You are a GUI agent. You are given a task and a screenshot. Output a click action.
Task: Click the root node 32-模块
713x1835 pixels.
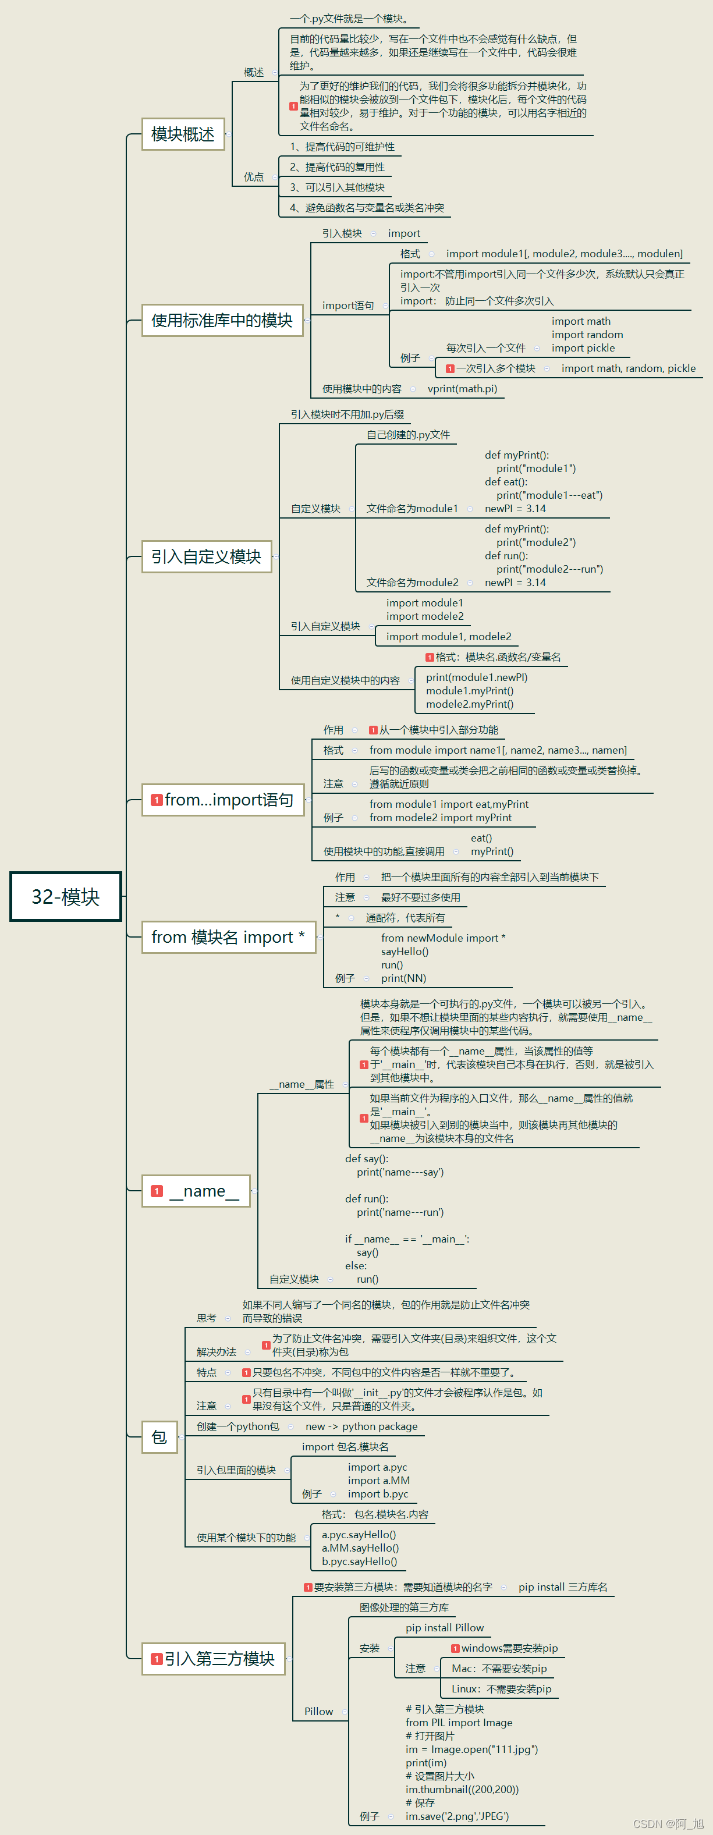click(66, 896)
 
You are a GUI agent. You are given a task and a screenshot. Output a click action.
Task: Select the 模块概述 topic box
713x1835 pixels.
click(183, 134)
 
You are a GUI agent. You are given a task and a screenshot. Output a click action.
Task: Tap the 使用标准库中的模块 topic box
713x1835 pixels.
click(222, 321)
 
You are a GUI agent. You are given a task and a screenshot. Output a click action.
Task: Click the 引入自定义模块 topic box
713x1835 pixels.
click(206, 556)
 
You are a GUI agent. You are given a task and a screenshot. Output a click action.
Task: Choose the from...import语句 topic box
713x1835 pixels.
click(223, 800)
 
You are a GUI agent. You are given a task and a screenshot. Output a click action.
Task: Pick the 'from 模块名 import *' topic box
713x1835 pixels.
click(228, 937)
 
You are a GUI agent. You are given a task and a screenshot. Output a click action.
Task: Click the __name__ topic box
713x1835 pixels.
click(196, 1191)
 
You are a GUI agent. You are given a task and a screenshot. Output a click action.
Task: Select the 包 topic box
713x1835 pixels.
click(159, 1437)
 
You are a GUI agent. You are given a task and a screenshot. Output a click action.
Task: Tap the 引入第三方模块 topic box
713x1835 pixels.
click(214, 1659)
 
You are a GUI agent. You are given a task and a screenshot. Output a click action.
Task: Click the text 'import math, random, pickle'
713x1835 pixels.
click(628, 368)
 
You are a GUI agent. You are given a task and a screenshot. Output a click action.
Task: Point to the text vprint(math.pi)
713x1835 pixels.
click(462, 389)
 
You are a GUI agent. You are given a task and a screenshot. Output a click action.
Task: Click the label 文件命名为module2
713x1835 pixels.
click(413, 583)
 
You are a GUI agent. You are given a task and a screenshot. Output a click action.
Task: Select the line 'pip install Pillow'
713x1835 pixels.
click(445, 1628)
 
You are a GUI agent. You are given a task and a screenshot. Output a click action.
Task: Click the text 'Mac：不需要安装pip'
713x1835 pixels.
click(499, 1669)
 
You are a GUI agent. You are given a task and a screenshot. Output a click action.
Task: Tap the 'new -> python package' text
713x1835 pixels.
click(361, 1427)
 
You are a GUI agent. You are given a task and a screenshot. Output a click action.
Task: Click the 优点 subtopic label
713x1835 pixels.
click(254, 177)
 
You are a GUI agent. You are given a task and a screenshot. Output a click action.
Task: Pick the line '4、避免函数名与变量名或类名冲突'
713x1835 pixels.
click(366, 208)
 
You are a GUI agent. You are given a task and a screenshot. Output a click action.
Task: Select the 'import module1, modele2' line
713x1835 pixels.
click(448, 637)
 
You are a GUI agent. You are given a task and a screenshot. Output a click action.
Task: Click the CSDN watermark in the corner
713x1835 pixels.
click(668, 1823)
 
